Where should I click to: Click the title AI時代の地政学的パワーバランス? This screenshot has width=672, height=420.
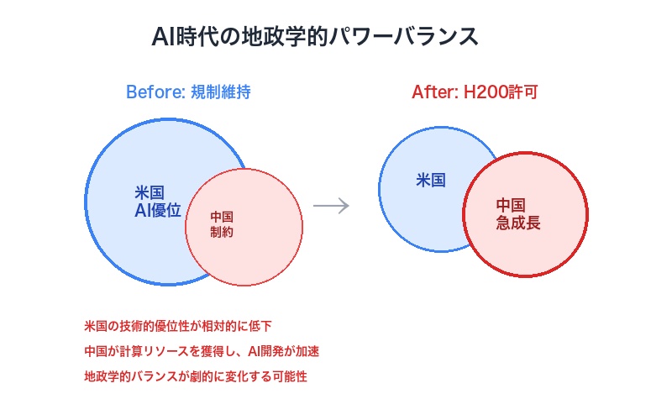[x=315, y=37]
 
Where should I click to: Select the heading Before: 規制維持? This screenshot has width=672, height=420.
[x=188, y=92]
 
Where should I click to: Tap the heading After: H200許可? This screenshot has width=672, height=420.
[x=474, y=92]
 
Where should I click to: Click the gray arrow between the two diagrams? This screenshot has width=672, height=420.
[x=331, y=206]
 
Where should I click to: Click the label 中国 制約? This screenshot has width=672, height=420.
[x=222, y=224]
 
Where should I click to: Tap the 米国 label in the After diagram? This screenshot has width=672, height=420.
[x=431, y=180]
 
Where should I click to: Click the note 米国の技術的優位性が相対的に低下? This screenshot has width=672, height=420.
[x=178, y=326]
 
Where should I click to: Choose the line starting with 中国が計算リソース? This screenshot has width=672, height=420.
[x=202, y=351]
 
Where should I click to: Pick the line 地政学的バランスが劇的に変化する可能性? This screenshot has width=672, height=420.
[x=196, y=376]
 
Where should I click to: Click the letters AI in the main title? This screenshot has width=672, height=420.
[x=162, y=37]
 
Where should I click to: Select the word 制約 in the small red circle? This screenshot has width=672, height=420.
[x=222, y=233]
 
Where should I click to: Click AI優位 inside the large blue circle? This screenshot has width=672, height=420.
[x=158, y=211]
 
